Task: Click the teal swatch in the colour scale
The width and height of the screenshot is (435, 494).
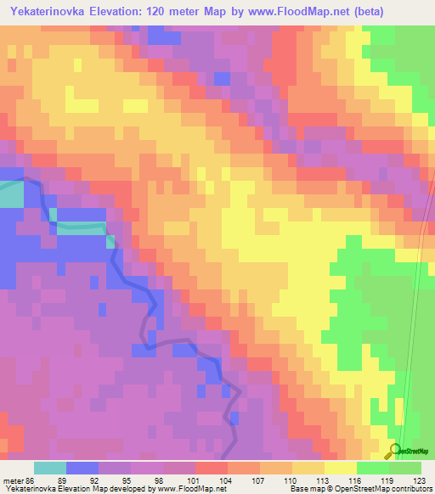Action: pos(50,468)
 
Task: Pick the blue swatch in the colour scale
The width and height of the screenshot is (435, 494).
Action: pos(82,468)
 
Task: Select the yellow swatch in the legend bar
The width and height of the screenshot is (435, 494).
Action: pos(339,468)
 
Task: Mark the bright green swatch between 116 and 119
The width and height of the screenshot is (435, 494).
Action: pos(371,468)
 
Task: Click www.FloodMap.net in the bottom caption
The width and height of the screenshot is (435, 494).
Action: pos(184,490)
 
